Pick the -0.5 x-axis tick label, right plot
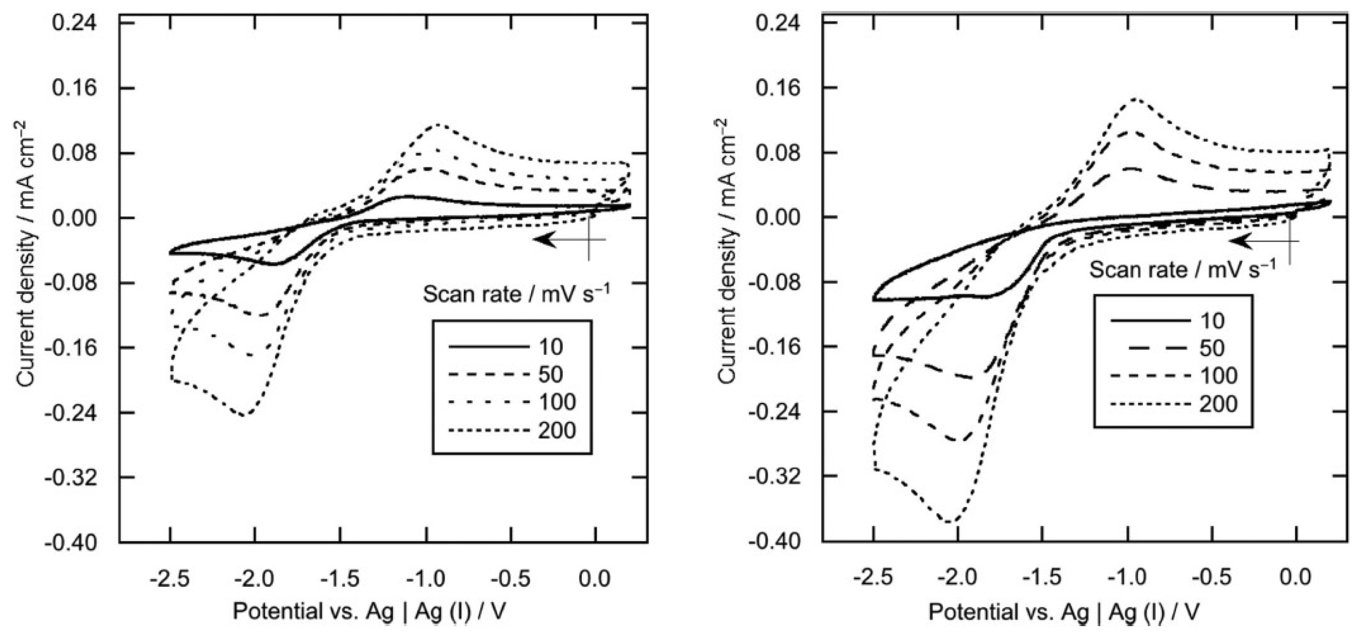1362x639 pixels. (x=1214, y=578)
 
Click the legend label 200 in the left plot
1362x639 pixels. (x=557, y=431)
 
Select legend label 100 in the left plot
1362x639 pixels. (x=557, y=402)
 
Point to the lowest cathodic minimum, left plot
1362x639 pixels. (x=244, y=415)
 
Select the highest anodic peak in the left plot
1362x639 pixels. (x=438, y=125)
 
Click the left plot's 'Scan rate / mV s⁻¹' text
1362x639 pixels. (x=516, y=293)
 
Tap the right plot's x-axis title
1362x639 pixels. (x=1064, y=612)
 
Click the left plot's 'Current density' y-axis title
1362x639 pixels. (x=27, y=253)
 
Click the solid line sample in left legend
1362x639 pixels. (x=489, y=347)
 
